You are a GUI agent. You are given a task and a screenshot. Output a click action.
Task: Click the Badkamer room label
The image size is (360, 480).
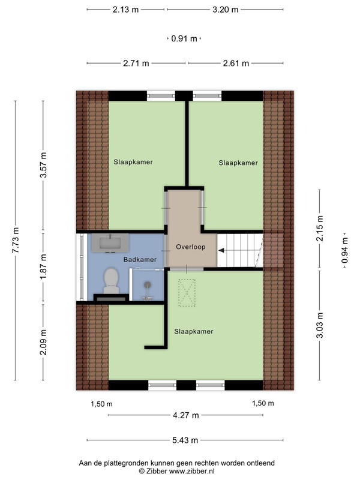[x=140, y=260]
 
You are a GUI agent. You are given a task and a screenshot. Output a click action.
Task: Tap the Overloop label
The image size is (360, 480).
[x=190, y=247]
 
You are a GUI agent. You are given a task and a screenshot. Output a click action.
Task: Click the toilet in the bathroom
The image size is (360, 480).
[x=111, y=281]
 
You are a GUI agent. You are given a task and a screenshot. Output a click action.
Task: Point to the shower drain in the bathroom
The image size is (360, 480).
[x=148, y=284]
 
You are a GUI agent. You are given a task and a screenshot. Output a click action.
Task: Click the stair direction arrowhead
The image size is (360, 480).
[x=221, y=250]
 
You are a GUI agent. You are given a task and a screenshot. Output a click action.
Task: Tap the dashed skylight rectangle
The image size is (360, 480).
[x=187, y=293]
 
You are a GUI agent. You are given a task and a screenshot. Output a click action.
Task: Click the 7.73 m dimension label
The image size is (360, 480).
[x=16, y=240]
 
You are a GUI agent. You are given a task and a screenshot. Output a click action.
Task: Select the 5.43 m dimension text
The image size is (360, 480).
[x=185, y=440]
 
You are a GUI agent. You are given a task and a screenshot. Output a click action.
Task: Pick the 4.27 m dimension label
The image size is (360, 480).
[x=186, y=415]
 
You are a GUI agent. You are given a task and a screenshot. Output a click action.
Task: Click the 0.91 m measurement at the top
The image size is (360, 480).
[x=184, y=38]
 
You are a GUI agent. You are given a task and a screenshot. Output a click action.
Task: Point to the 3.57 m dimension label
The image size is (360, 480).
[x=43, y=165]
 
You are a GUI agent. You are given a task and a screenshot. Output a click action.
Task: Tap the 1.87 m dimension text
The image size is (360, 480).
[x=43, y=266]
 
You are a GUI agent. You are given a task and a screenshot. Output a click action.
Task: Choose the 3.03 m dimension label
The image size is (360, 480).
[x=320, y=325]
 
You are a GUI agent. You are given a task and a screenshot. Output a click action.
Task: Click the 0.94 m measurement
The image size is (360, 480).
[x=345, y=250]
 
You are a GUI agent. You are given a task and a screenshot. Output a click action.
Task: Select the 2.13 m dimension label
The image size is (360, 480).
[x=125, y=10]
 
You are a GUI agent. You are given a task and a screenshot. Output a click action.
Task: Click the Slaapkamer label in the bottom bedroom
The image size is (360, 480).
[x=194, y=332]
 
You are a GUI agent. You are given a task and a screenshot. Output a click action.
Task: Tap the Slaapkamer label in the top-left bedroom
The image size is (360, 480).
[x=133, y=162]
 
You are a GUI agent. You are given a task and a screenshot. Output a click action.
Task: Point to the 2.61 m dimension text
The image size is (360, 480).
[x=236, y=64]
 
